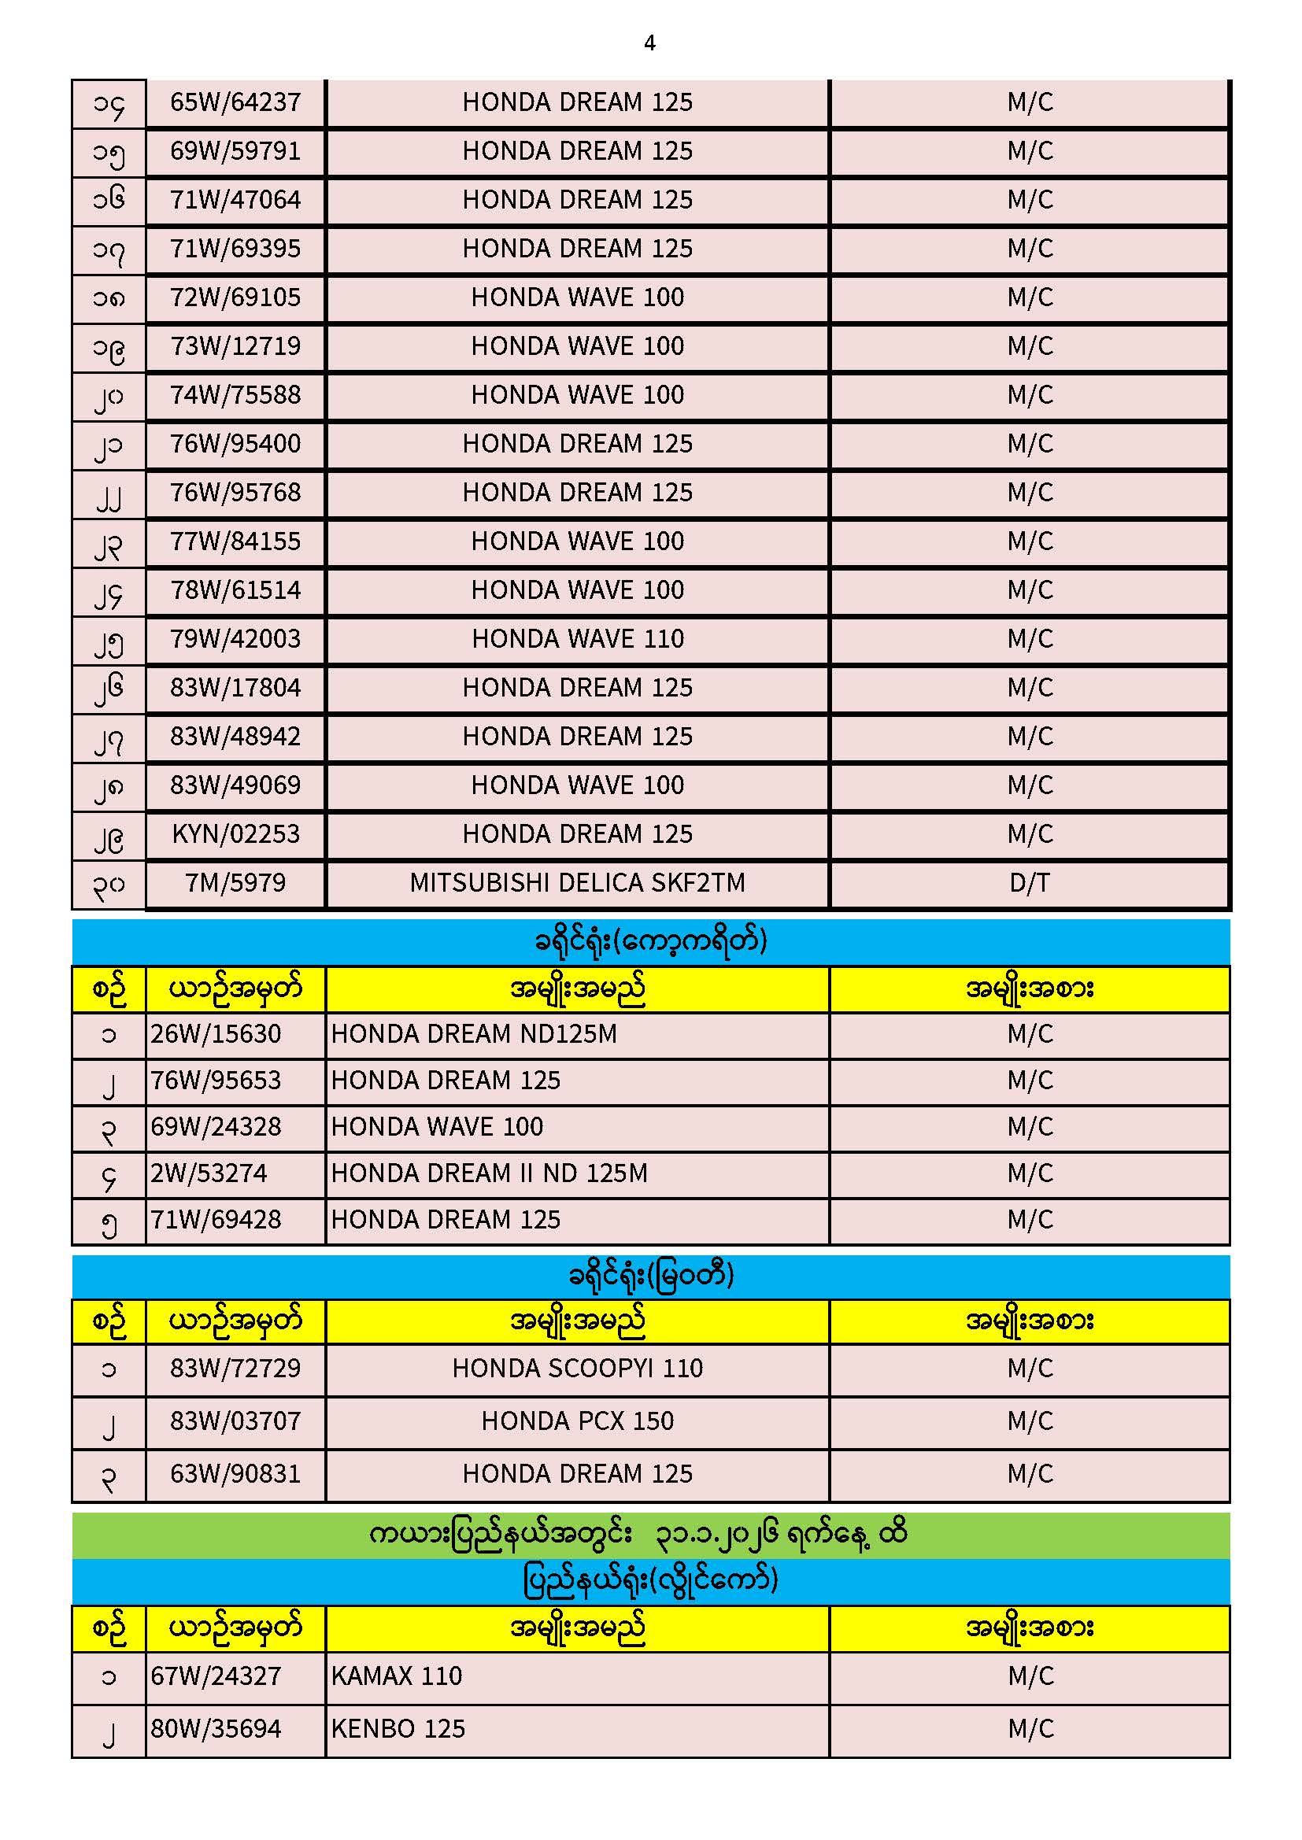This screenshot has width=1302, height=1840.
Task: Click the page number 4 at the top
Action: (x=649, y=43)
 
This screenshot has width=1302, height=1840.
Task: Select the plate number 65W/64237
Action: (x=235, y=102)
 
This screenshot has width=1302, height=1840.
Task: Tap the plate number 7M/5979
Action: (x=235, y=883)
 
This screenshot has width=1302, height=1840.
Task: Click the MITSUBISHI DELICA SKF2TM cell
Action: (x=577, y=883)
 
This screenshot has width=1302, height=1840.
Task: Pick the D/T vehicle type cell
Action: (x=1030, y=883)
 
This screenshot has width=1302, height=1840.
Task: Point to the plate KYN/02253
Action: (x=235, y=834)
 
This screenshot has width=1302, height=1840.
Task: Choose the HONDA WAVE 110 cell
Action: (x=577, y=639)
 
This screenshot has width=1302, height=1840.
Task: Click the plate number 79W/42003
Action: (x=235, y=639)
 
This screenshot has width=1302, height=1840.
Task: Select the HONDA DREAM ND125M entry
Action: (x=474, y=1035)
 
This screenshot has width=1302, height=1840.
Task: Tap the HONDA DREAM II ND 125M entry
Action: (x=489, y=1174)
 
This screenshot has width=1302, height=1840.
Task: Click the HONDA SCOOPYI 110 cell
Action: (x=577, y=1368)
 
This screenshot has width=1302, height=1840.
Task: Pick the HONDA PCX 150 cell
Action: (x=577, y=1421)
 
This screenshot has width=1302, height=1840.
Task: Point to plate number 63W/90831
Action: (x=235, y=1474)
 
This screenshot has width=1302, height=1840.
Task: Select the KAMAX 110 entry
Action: (x=397, y=1676)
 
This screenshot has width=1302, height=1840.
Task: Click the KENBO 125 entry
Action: (x=398, y=1729)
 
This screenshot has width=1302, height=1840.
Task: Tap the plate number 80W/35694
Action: (x=216, y=1729)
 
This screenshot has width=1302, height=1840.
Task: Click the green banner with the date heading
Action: (x=650, y=1535)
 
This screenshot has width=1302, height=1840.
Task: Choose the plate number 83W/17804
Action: (x=235, y=688)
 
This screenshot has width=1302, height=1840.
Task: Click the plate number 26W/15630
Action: (x=216, y=1035)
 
